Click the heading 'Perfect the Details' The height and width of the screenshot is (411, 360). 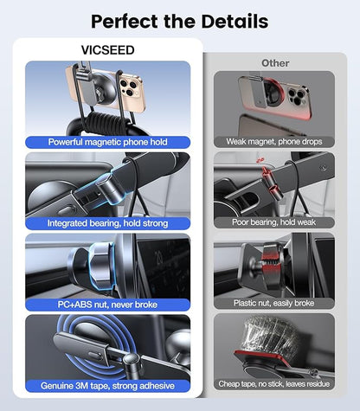coord(179,21)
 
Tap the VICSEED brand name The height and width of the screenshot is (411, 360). coord(108,49)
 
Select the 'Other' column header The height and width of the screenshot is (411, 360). coord(275,63)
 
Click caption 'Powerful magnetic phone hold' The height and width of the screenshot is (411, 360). coord(107,141)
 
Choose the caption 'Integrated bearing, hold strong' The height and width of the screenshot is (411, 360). coord(107,222)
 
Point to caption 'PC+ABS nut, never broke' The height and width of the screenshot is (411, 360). coord(107,304)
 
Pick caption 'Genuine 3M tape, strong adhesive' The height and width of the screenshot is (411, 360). coord(107,385)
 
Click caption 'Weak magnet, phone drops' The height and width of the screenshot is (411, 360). coord(274,141)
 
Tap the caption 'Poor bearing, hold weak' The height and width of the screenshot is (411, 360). coord(274,222)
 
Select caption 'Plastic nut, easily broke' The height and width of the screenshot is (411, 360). coord(274,304)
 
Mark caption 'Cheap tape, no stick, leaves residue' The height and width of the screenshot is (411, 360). coord(274,385)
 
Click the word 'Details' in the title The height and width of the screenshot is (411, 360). coord(234,21)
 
